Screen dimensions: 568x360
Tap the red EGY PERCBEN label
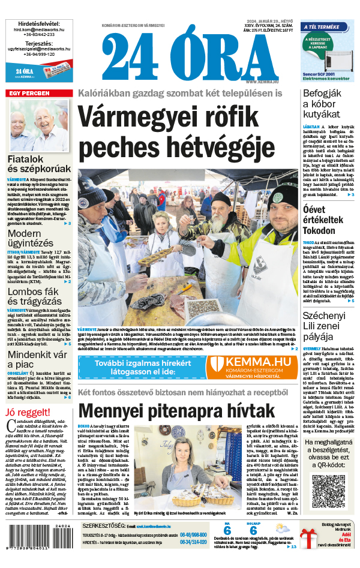pyautogui.click(x=28, y=93)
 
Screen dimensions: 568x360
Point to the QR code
pyautogui.click(x=329, y=492)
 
